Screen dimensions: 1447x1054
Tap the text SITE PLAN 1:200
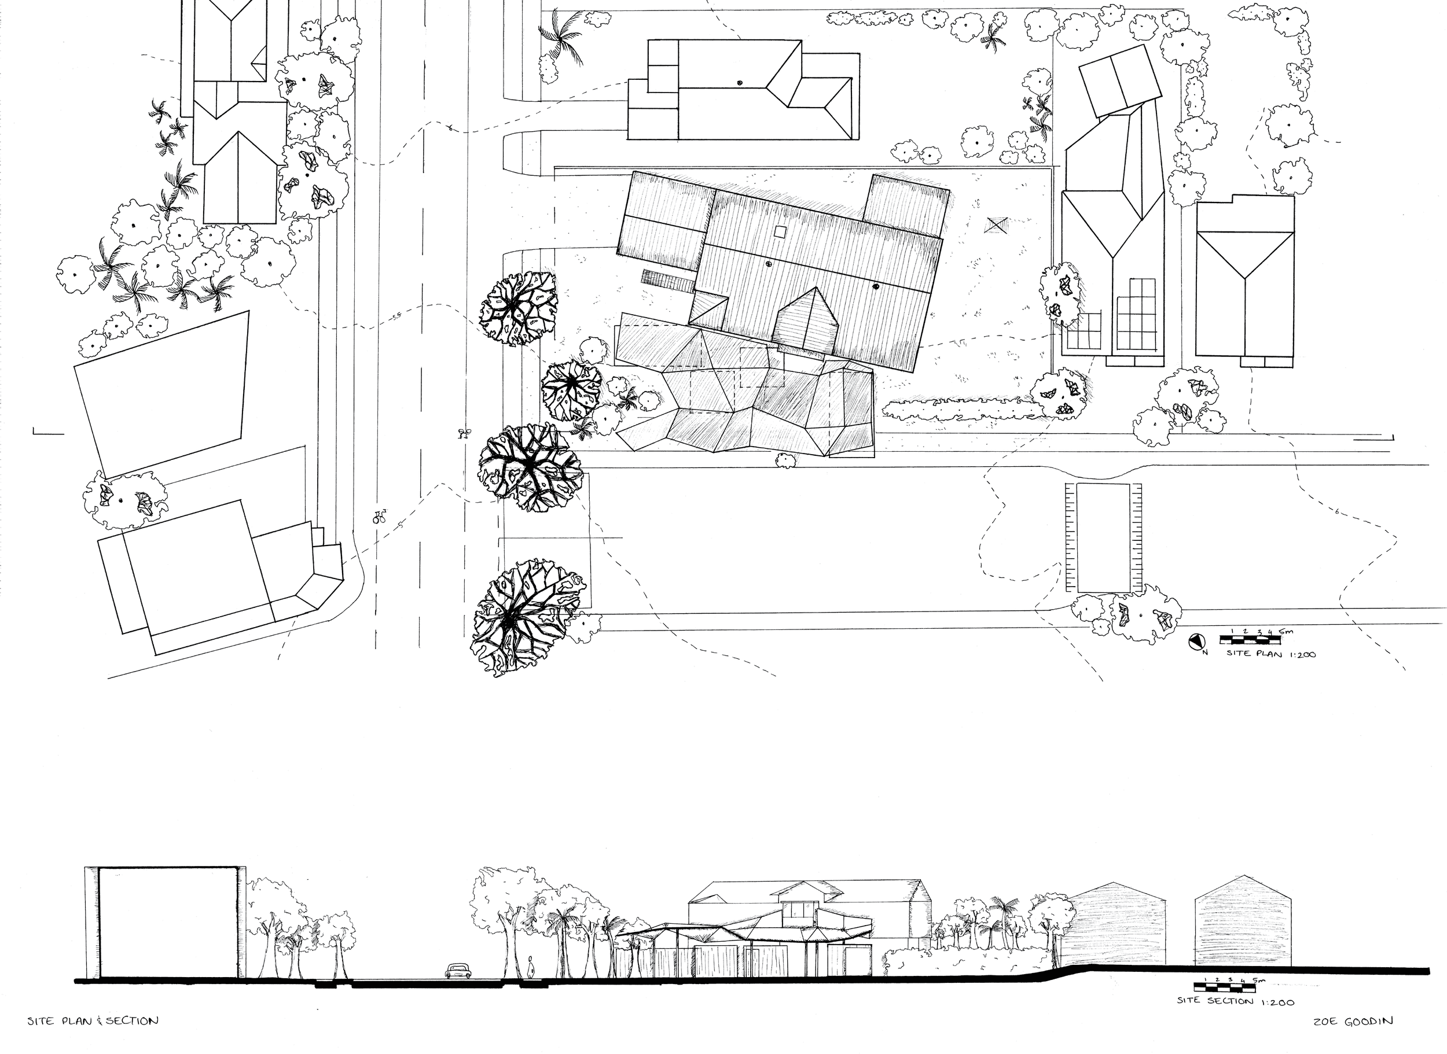(x=1270, y=654)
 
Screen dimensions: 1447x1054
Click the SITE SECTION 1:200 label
(x=1236, y=1002)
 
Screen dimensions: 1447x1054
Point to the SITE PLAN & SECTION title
(x=93, y=1021)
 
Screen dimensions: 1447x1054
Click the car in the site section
(x=458, y=971)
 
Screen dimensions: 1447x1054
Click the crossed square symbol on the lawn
(x=995, y=224)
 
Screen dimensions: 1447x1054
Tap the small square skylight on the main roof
(x=778, y=231)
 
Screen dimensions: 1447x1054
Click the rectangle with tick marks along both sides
(x=1104, y=538)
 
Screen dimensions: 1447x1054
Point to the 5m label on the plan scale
(x=1287, y=632)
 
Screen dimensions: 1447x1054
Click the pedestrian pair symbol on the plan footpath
(x=464, y=434)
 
